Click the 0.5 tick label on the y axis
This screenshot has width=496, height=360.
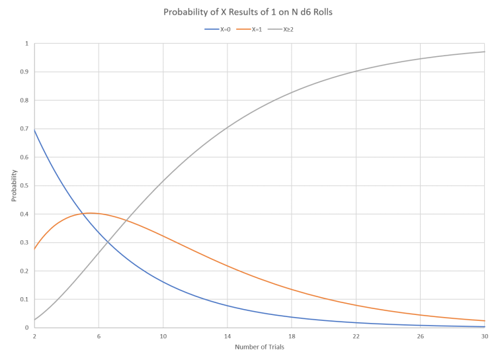pos(26,185)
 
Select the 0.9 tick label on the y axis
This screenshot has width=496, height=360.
pos(26,71)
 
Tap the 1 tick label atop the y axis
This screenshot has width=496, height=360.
pos(28,43)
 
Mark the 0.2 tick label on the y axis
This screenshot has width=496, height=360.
pos(26,271)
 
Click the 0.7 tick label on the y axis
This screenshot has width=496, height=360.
pos(26,128)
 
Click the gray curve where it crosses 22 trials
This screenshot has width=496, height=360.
pos(356,71)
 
